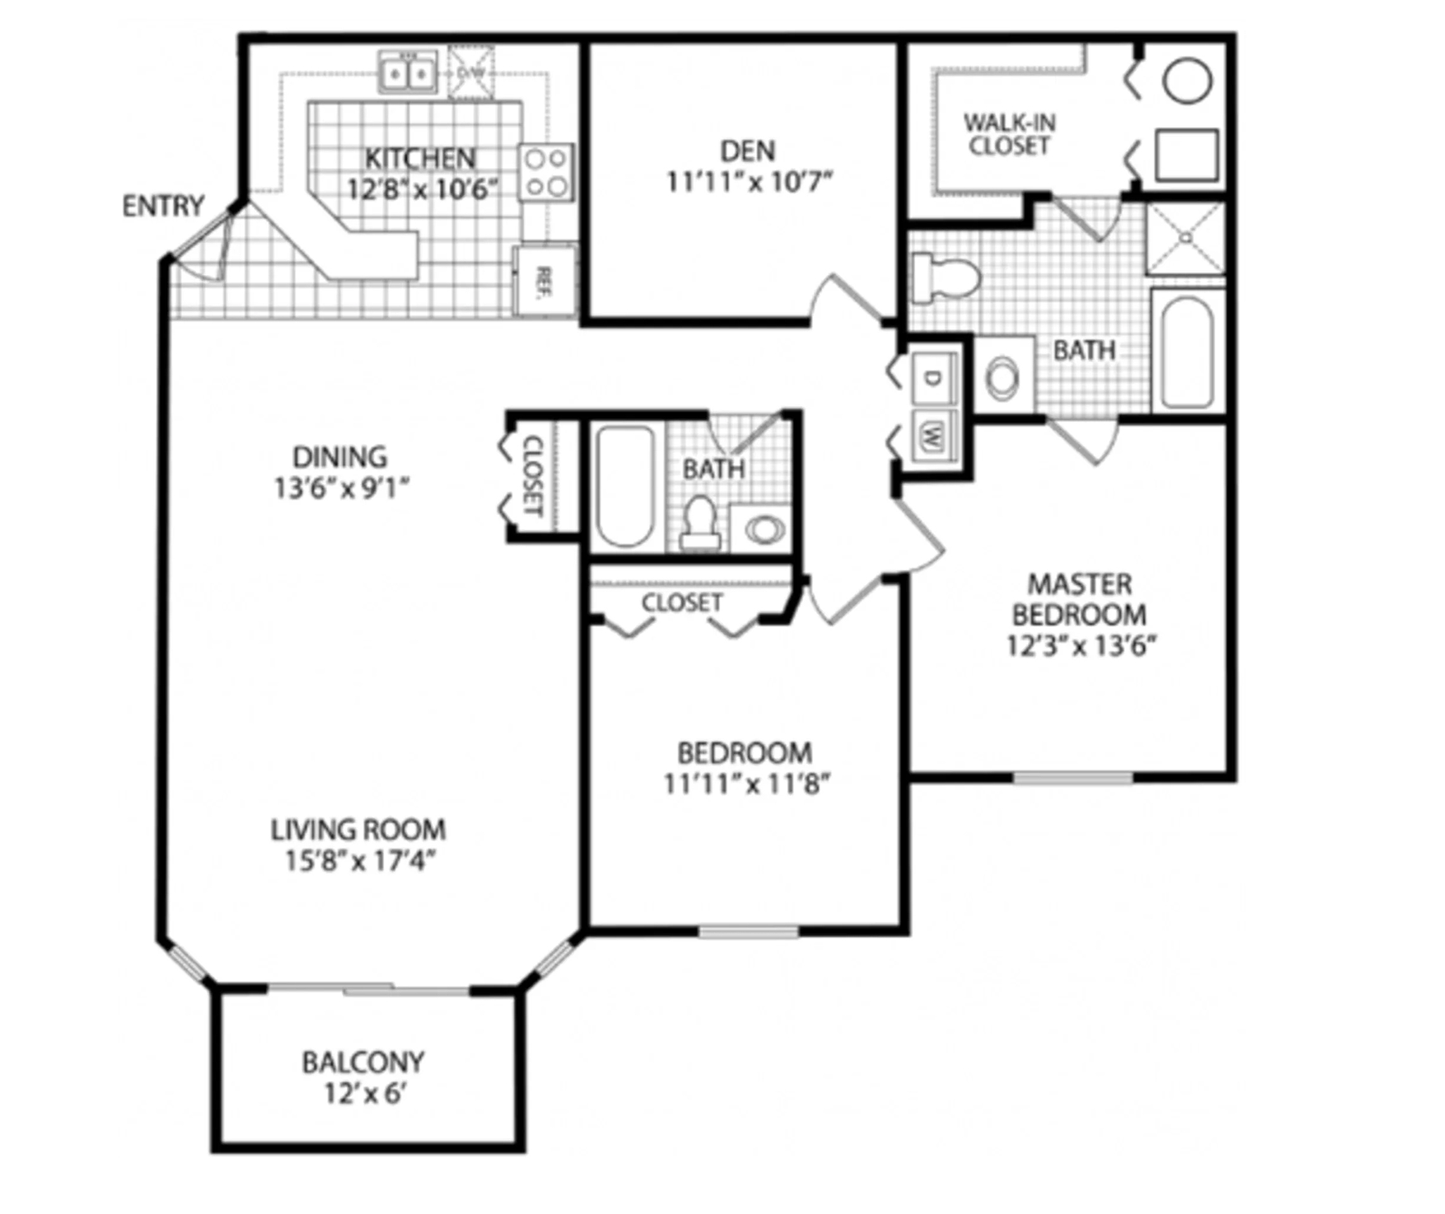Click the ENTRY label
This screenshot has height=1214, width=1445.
point(163,206)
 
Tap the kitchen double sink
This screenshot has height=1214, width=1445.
point(408,71)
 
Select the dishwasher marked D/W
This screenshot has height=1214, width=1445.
point(471,71)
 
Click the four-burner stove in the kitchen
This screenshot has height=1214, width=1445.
point(546,172)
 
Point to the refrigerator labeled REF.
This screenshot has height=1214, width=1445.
point(545,281)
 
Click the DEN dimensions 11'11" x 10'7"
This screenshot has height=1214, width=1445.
point(749,182)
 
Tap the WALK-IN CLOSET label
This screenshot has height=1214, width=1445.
point(1010,134)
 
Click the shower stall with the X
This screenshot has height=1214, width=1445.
point(1186,238)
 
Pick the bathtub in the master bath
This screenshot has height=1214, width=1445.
point(1187,352)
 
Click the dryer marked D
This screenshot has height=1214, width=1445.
point(934,378)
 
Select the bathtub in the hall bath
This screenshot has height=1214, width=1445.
point(625,486)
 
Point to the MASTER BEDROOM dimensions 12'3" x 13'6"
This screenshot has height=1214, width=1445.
point(1080,647)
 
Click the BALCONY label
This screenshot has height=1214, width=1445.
point(363,1063)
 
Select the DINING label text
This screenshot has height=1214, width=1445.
point(340,457)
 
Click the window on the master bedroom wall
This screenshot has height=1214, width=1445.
point(1073,777)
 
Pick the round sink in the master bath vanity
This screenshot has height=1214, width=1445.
point(1003,378)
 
